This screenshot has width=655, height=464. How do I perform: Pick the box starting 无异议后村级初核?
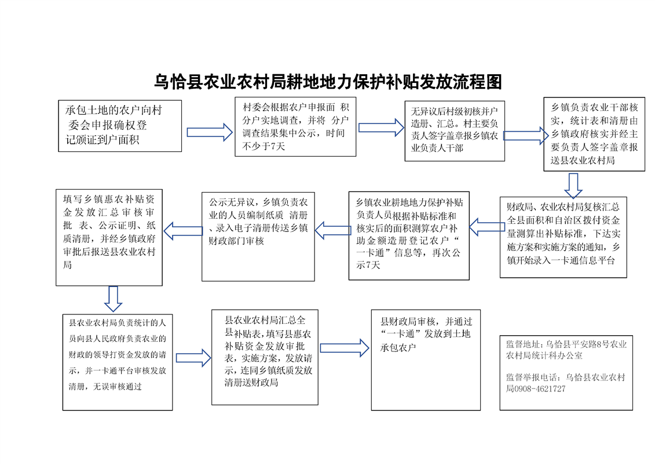[x=454, y=131]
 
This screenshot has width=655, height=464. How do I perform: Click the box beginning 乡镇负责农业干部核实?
[x=594, y=134]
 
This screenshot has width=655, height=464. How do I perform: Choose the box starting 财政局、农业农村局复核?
[x=563, y=237]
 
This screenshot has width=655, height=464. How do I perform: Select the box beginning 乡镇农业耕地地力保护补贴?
[x=409, y=235]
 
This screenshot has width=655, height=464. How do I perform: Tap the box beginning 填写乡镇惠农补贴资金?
[x=109, y=237]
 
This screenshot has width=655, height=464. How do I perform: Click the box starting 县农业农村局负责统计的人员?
[x=118, y=362]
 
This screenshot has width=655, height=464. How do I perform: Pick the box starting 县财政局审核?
[x=426, y=359]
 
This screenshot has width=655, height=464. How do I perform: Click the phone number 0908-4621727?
[x=540, y=389]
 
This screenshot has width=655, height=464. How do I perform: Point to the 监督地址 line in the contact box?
[x=566, y=349]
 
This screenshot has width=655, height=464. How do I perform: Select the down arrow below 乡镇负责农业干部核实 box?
[x=573, y=184]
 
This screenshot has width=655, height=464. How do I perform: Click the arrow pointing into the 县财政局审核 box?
[x=344, y=347]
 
